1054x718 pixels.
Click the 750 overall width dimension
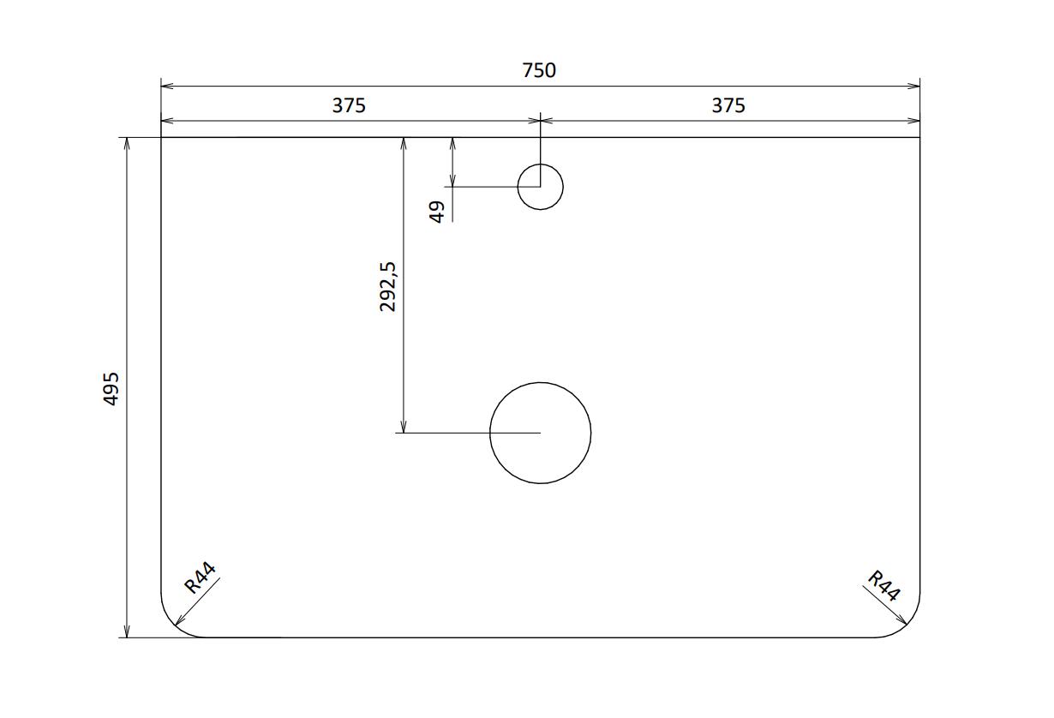(x=539, y=70)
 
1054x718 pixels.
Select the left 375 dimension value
(x=349, y=105)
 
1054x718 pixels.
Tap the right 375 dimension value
(x=728, y=105)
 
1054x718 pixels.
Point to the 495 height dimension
(x=111, y=389)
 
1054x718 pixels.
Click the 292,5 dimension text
(x=388, y=286)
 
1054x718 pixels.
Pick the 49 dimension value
(x=437, y=212)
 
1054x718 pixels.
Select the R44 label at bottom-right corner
(x=883, y=585)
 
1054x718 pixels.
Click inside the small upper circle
(x=540, y=187)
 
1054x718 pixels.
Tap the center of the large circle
(x=540, y=433)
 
